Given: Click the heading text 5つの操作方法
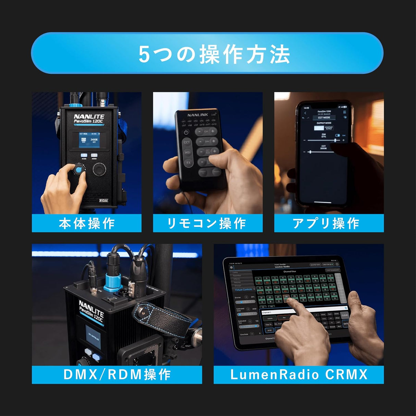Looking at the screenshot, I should (214, 54).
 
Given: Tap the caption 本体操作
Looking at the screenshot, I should (86, 223).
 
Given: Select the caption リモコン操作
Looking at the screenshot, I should (207, 223).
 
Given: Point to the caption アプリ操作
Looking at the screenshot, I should (326, 223).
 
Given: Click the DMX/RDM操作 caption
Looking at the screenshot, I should (117, 375).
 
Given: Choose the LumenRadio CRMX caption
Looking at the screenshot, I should (298, 375).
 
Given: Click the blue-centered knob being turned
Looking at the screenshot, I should (79, 170).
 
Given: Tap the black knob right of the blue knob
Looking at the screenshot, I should (99, 169).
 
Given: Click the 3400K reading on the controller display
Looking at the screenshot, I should (94, 140).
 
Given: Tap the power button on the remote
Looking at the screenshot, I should (186, 132).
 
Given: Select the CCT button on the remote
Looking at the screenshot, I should (187, 142).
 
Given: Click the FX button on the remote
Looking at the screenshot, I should (188, 163).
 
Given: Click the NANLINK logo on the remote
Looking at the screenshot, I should (197, 115).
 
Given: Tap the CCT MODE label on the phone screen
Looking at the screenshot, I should (324, 118).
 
